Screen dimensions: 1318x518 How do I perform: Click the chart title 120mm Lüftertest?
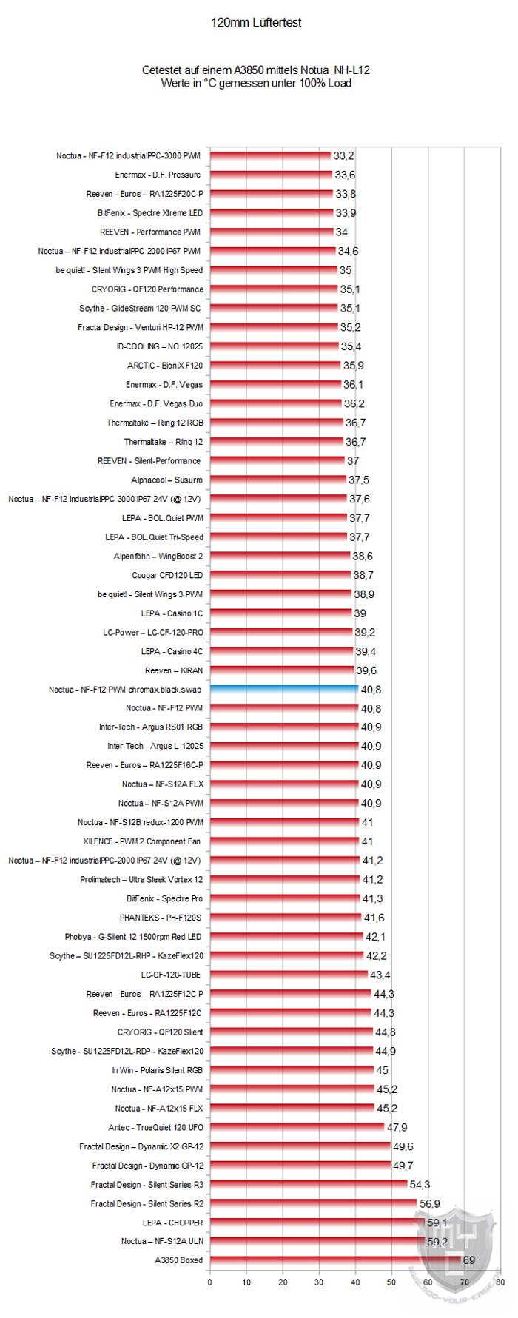[x=256, y=23]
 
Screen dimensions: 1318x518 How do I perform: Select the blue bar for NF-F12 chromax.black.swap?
[x=284, y=690]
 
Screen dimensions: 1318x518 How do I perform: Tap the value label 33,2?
[x=343, y=156]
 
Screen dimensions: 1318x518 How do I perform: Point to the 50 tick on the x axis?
[x=391, y=1282]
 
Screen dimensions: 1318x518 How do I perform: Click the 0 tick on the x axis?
[x=210, y=1282]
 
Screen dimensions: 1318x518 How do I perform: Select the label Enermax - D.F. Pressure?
[x=158, y=175]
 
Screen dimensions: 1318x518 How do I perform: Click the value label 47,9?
[x=397, y=1128]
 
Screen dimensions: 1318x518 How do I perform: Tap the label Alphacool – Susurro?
[x=166, y=480]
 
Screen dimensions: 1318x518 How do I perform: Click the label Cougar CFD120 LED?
[x=167, y=576]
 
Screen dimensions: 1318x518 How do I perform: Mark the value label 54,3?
[x=420, y=1185]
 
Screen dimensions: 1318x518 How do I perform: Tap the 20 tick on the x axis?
[x=283, y=1282]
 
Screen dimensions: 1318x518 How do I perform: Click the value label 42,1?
[x=375, y=937]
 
